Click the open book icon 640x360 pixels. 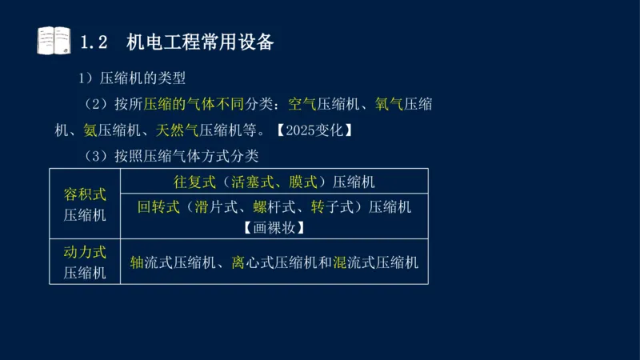pyautogui.click(x=54, y=41)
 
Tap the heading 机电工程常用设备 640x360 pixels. pyautogui.click(x=200, y=42)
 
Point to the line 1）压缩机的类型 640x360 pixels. pyautogui.click(x=131, y=78)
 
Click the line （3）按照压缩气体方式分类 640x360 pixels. pyautogui.click(x=171, y=154)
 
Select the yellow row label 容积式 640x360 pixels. pyautogui.click(x=85, y=194)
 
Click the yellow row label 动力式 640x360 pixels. pyautogui.click(x=85, y=252)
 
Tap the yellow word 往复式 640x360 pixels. pyautogui.click(x=195, y=182)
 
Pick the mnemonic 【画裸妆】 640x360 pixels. pyautogui.click(x=274, y=227)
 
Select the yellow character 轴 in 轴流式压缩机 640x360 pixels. pyautogui.click(x=137, y=262)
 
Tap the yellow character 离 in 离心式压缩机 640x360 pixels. pyautogui.click(x=238, y=262)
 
